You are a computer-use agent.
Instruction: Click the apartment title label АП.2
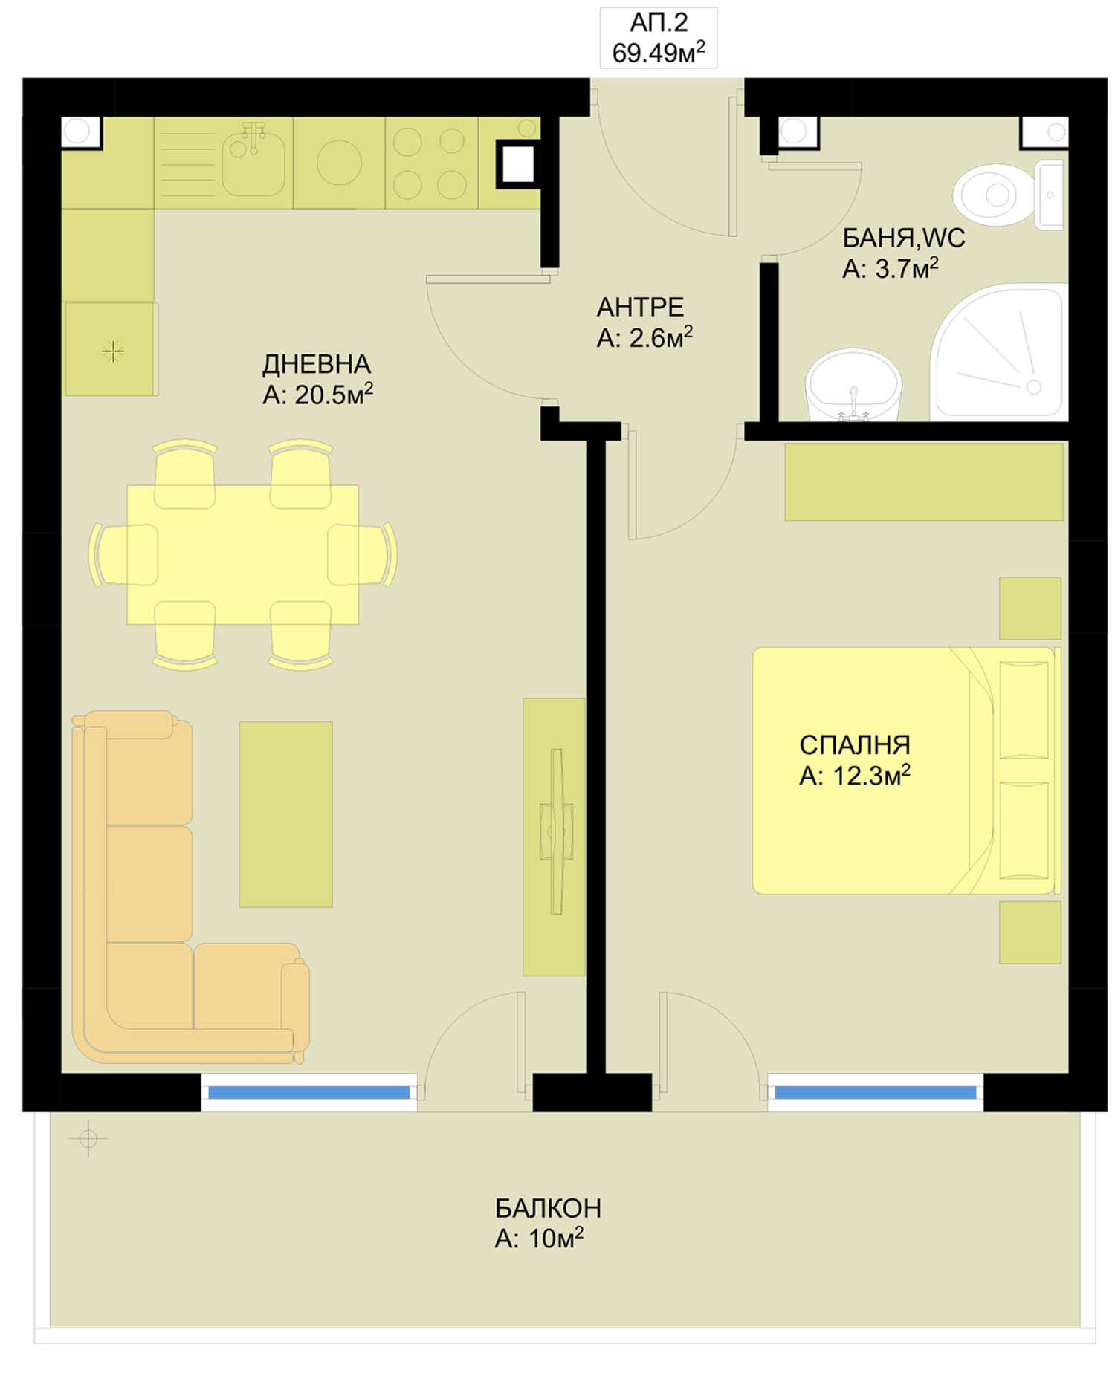point(659,24)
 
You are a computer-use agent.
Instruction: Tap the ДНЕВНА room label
point(317,364)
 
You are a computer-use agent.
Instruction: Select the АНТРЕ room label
point(640,307)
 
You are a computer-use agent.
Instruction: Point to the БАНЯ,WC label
point(903,238)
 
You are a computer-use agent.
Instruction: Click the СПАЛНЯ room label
point(855,744)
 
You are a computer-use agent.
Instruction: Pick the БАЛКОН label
point(548,1209)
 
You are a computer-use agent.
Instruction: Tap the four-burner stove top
point(430,163)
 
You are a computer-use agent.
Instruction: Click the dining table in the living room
point(243,555)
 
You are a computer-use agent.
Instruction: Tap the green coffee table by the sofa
point(285,814)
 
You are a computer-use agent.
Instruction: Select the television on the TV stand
point(557,831)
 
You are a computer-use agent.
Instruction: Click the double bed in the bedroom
point(905,770)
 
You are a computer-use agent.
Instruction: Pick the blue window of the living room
point(308,1092)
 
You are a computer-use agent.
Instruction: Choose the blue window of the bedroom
point(876,1092)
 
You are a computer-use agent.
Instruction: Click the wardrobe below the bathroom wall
point(924,481)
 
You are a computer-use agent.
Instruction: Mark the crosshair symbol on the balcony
point(88,1138)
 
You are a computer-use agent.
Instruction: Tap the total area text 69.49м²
point(659,53)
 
